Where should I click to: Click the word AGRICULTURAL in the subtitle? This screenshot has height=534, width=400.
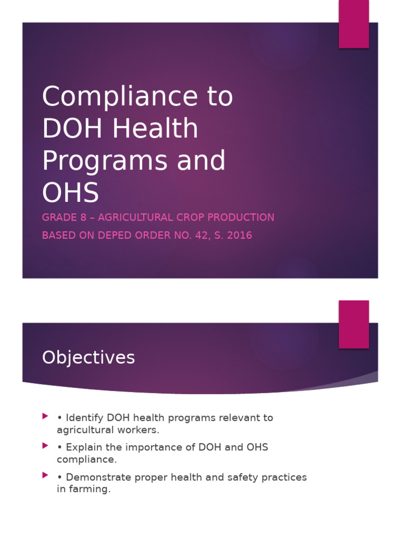[137, 217]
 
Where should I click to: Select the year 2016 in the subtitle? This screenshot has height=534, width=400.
[240, 235]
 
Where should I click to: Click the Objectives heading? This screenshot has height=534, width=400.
[89, 358]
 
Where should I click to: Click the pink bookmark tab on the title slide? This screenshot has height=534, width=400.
[354, 23]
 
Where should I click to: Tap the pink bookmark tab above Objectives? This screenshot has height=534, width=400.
[354, 324]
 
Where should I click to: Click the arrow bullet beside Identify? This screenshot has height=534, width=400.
[45, 416]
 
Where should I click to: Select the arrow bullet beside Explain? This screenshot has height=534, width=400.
[45, 446]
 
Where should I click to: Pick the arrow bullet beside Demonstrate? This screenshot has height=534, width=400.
[45, 476]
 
